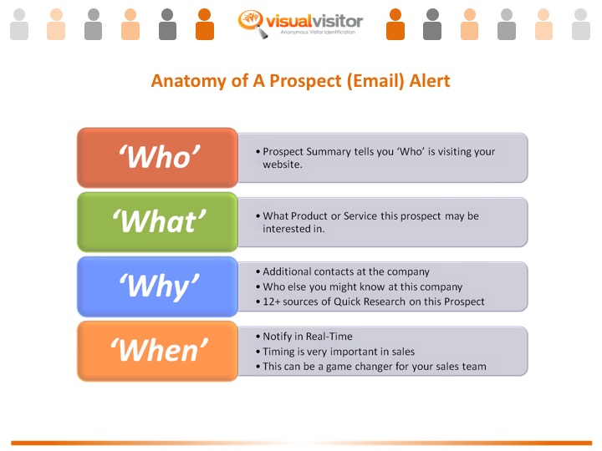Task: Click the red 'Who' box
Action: click(x=158, y=157)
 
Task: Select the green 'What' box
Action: click(x=158, y=222)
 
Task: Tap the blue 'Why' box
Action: click(x=158, y=286)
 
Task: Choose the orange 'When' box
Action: click(x=158, y=351)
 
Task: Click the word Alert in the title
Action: click(x=429, y=81)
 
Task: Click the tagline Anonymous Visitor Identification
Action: click(x=319, y=33)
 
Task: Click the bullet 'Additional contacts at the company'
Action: click(x=346, y=271)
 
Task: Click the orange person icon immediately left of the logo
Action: click(x=205, y=24)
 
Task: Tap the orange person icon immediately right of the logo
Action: click(x=395, y=24)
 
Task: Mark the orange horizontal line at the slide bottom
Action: click(x=301, y=443)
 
